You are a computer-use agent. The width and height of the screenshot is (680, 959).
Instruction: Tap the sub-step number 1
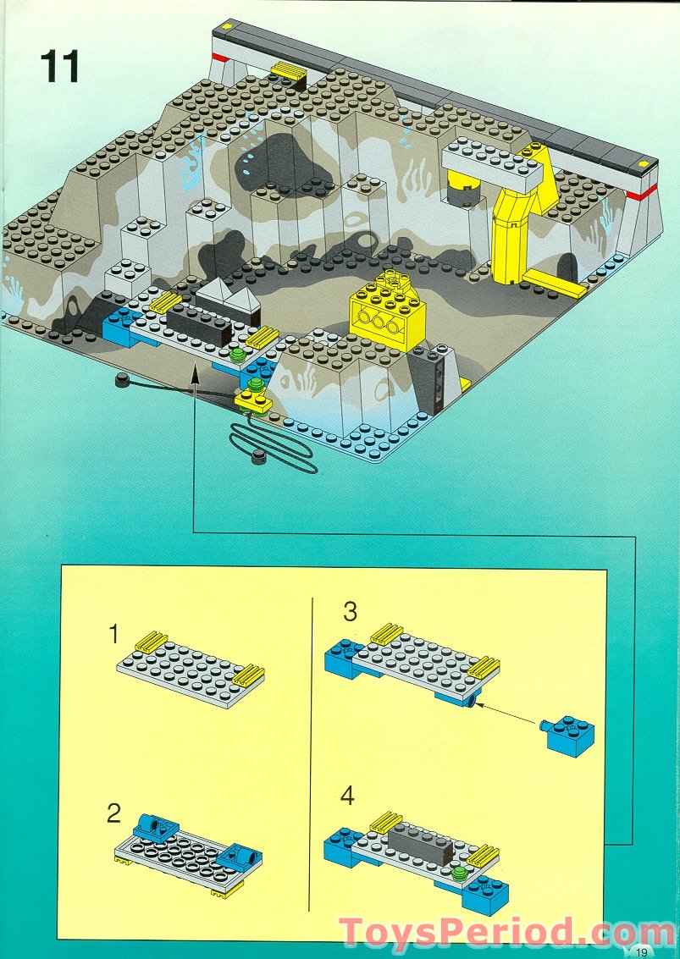[115, 634]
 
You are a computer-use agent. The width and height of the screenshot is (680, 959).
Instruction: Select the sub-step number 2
[114, 814]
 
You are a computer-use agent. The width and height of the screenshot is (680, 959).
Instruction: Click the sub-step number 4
[348, 796]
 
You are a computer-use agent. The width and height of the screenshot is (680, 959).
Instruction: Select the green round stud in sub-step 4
[459, 874]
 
